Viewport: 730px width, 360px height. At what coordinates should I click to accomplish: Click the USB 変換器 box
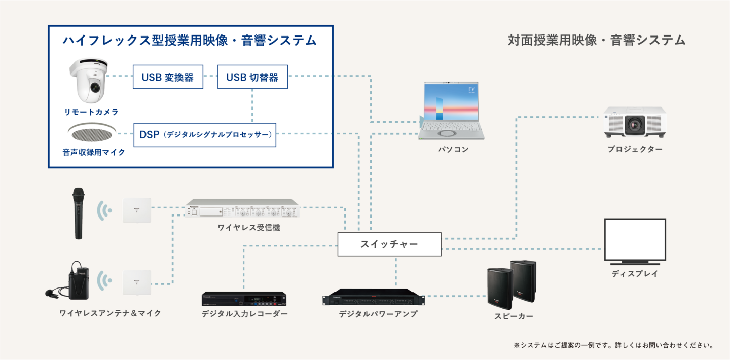click(168, 77)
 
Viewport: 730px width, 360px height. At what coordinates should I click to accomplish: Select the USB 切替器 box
click(252, 77)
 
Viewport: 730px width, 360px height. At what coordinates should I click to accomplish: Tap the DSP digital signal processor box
click(205, 135)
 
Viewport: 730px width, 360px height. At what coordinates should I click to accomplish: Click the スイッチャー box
click(389, 244)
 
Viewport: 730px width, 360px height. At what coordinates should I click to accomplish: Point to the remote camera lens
click(95, 87)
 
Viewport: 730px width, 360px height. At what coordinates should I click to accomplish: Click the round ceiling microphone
click(92, 133)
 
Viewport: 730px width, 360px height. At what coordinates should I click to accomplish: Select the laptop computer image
click(451, 111)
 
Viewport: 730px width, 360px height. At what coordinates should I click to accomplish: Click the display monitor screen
click(635, 240)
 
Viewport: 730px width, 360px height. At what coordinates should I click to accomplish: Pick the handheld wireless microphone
click(78, 213)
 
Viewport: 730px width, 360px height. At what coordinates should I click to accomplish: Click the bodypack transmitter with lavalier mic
click(78, 280)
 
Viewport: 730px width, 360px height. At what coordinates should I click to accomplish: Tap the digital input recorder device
click(244, 299)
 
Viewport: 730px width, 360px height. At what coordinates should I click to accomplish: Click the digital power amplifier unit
click(374, 298)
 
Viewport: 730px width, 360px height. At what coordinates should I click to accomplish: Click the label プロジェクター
click(635, 149)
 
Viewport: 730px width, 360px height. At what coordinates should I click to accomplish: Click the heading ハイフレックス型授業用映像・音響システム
click(190, 41)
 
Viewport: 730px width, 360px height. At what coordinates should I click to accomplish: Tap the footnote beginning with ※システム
click(613, 345)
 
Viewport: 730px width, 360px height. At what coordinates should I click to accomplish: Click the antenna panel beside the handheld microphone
click(137, 210)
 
